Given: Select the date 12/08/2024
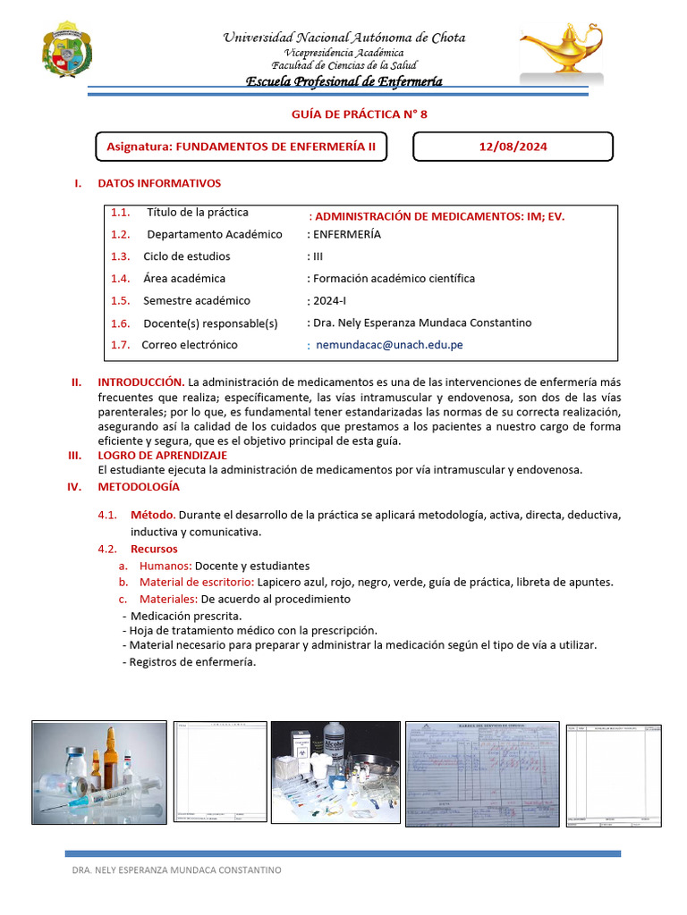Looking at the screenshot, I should [x=513, y=147].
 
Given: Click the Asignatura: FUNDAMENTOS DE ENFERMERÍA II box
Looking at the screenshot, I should [x=242, y=147].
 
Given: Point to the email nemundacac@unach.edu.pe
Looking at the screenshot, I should [x=390, y=345].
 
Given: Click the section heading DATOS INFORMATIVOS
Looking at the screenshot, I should [x=158, y=183].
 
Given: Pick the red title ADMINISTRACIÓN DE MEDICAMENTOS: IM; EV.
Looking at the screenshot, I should [x=437, y=216].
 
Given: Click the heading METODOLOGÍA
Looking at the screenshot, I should [x=139, y=487].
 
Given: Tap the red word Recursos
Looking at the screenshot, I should [x=154, y=549].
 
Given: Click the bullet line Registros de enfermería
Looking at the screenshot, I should [x=191, y=662].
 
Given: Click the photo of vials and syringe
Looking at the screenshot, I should [x=98, y=772].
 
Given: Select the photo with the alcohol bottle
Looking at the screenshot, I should [x=335, y=772].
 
